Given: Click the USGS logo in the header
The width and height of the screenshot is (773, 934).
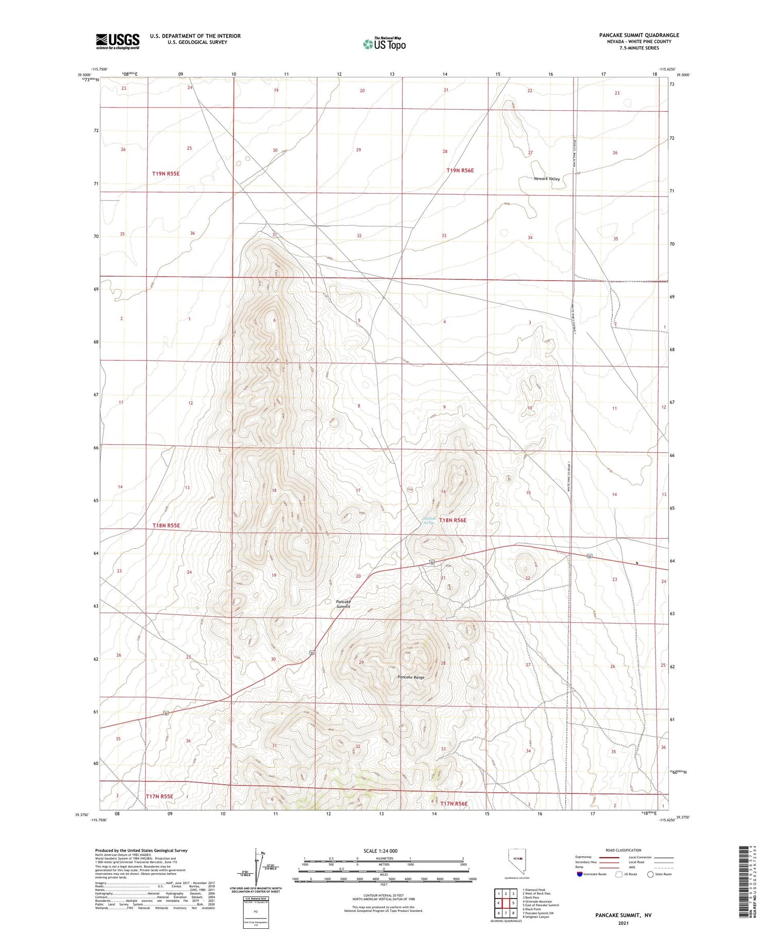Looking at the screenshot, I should click(x=117, y=41).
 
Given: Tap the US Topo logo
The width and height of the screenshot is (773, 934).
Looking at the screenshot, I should click(x=384, y=44).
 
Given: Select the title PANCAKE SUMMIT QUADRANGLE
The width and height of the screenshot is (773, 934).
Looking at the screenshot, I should click(x=638, y=35).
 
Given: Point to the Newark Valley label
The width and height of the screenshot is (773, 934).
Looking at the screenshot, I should click(x=547, y=179).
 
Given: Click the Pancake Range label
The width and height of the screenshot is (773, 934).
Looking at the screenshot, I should click(x=411, y=677).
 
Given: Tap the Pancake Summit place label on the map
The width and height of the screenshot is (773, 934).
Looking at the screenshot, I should click(x=343, y=604).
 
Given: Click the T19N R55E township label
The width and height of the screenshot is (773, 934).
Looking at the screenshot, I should click(x=166, y=174).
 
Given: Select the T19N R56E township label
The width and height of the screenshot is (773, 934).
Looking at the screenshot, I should click(x=460, y=170).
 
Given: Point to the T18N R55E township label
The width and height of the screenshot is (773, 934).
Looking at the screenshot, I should click(x=166, y=525).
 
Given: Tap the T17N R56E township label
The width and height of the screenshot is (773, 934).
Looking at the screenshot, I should click(x=453, y=804).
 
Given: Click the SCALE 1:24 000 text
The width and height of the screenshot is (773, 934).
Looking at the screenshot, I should click(x=380, y=851).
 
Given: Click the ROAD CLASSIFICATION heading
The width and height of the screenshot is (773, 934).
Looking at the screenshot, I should click(x=623, y=850).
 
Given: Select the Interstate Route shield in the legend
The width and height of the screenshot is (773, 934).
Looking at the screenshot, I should click(x=580, y=874).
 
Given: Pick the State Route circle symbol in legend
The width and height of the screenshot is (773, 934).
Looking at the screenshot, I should click(x=650, y=874).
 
